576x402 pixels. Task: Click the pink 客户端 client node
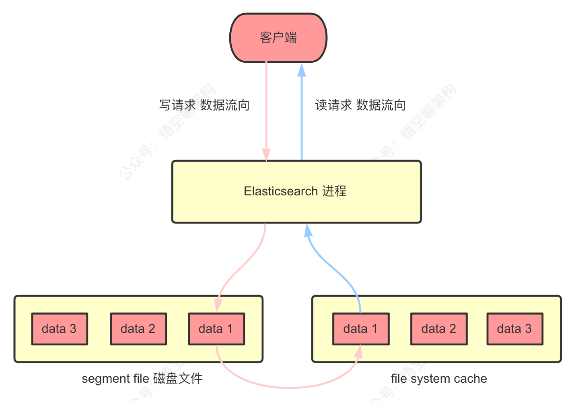(x=278, y=38)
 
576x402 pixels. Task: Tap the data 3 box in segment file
(x=60, y=329)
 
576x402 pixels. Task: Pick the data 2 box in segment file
(x=138, y=329)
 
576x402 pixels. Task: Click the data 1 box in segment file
(x=216, y=329)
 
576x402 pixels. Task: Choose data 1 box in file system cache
(x=360, y=329)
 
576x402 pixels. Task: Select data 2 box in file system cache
(x=438, y=329)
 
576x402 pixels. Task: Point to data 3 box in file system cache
(x=514, y=329)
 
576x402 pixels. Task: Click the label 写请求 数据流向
(x=204, y=105)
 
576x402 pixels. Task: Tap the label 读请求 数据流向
(x=360, y=105)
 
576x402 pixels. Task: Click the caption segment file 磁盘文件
(x=142, y=379)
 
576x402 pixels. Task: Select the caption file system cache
(x=439, y=379)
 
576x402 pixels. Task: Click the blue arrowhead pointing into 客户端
(x=302, y=70)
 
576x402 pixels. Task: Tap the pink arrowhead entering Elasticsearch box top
(x=266, y=154)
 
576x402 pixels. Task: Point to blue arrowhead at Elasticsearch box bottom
(x=308, y=230)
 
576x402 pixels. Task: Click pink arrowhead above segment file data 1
(x=218, y=305)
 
